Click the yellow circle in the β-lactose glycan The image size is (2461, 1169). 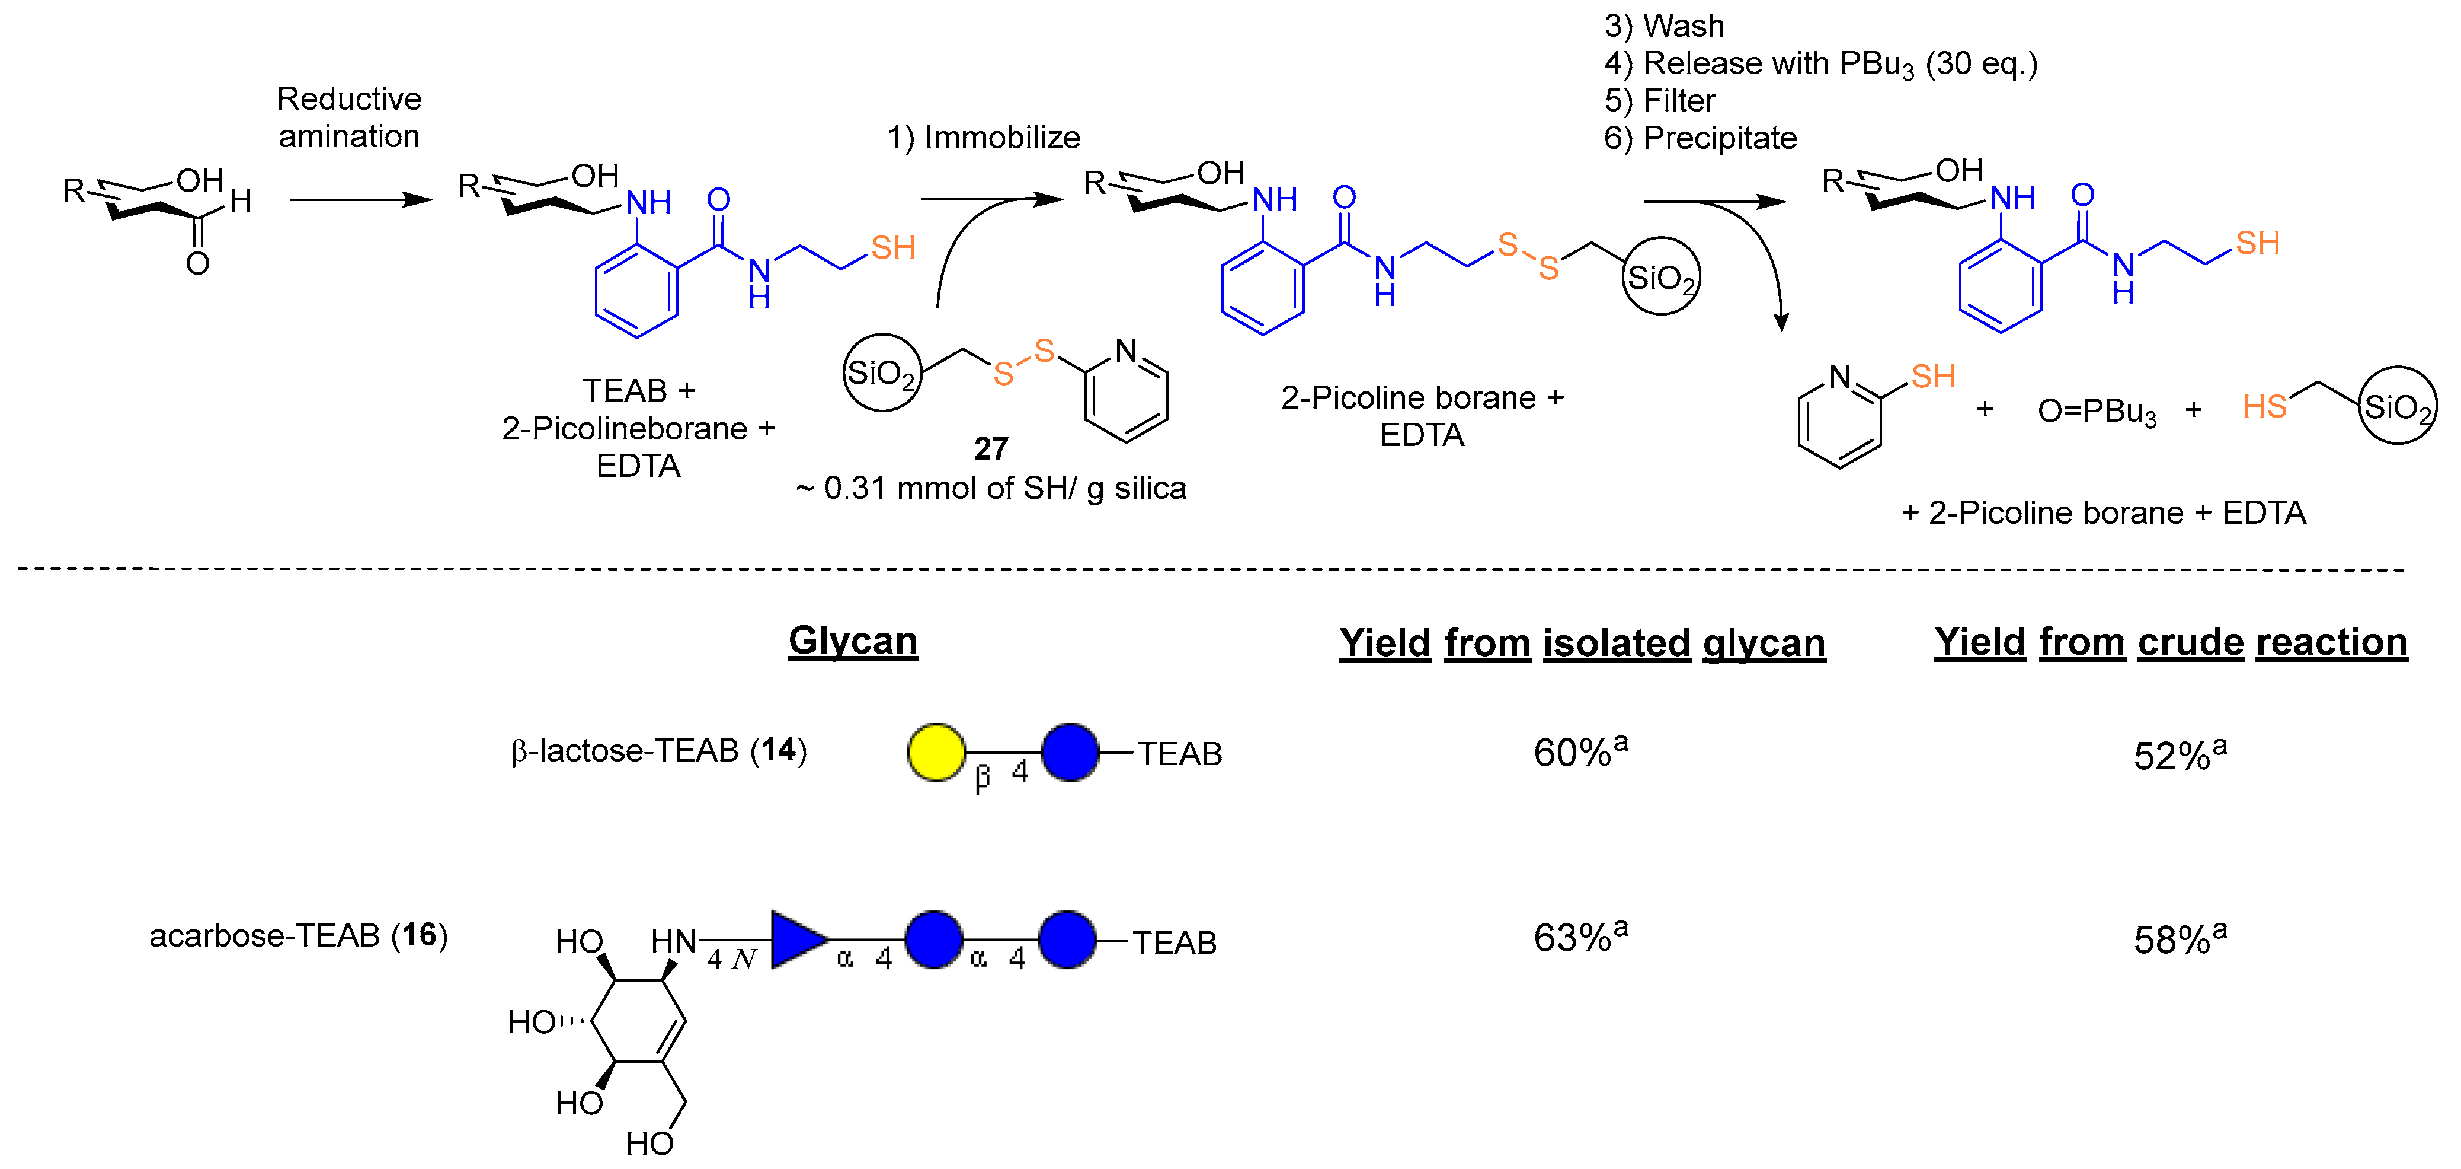point(935,752)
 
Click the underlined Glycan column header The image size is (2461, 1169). point(852,641)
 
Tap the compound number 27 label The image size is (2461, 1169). point(991,448)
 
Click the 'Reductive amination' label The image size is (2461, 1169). point(348,117)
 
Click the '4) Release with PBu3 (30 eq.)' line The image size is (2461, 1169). point(1820,64)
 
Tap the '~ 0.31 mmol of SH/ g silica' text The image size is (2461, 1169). point(991,489)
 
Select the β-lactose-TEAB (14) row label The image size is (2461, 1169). point(658,751)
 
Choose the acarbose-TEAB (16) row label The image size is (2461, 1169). point(298,935)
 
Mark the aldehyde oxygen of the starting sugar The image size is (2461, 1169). point(198,263)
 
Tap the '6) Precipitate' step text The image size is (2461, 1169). point(1701,139)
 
